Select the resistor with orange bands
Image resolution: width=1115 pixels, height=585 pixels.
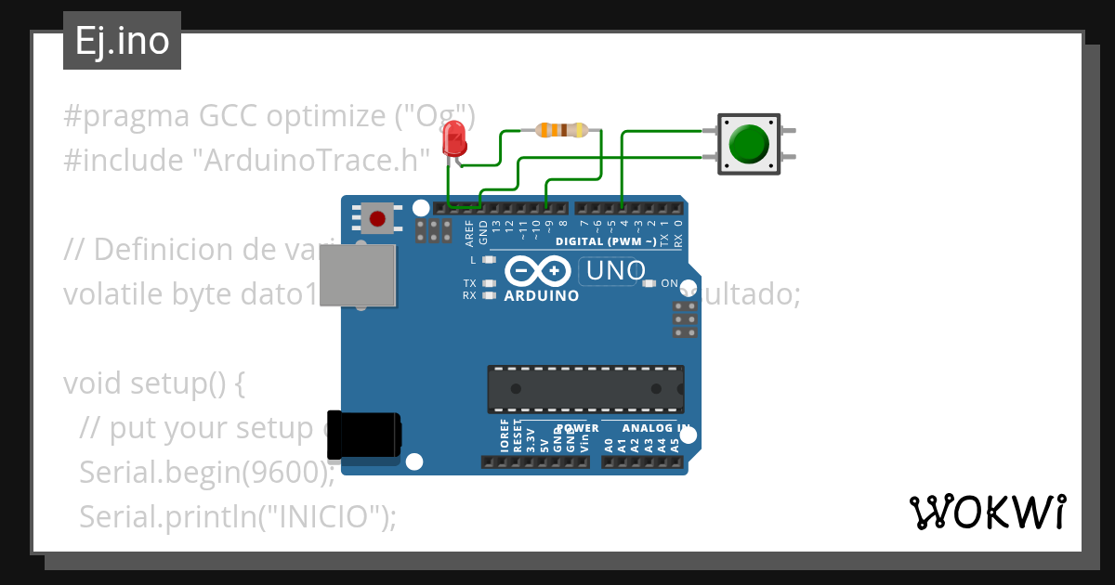click(x=563, y=130)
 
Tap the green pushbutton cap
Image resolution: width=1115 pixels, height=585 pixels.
click(x=749, y=143)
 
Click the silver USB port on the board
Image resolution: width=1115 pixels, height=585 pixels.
click(x=359, y=276)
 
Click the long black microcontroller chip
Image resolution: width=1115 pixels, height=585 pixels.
click(x=585, y=388)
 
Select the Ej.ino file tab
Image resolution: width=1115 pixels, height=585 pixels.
click(x=122, y=42)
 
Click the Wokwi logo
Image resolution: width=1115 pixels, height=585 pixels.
click(x=987, y=512)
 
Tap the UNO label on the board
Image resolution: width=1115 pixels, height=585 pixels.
click(x=613, y=270)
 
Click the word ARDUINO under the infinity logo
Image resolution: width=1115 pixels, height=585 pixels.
click(x=541, y=296)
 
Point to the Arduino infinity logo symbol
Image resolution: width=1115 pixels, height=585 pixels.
click(x=538, y=271)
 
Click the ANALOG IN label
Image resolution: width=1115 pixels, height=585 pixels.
click(x=657, y=428)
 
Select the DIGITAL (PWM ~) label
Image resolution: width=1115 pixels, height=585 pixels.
click(x=606, y=241)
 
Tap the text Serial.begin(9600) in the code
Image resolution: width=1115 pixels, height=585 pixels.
click(x=205, y=472)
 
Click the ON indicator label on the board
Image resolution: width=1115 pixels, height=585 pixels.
click(x=669, y=283)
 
